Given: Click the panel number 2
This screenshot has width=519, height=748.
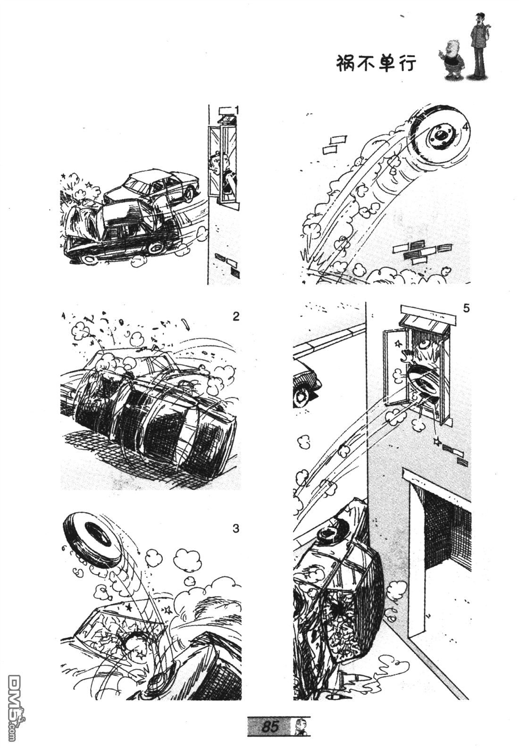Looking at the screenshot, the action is coord(236,316).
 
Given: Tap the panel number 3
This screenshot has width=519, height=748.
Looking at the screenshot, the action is coord(236,529).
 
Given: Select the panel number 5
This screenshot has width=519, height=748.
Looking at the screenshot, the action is coord(466,308).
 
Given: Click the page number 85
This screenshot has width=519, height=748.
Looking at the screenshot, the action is coord(270,725).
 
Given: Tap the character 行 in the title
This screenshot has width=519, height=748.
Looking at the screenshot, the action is coord(406,63).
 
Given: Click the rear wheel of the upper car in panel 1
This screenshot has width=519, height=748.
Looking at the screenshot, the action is coord(190,193).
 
